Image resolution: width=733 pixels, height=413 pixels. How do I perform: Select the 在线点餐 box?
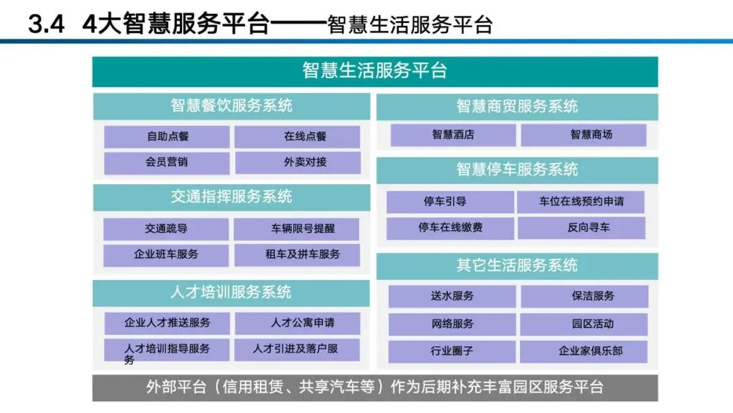pyautogui.click(x=297, y=137)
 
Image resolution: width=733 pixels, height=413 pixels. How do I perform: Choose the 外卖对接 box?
pyautogui.click(x=297, y=163)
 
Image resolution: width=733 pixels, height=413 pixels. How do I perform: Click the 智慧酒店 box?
pyautogui.click(x=453, y=134)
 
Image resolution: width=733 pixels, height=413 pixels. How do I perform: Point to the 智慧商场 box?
pyautogui.click(x=584, y=134)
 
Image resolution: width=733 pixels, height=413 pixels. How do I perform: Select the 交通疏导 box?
pyautogui.click(x=166, y=229)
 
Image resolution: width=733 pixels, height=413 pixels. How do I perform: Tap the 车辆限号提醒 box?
pyautogui.click(x=297, y=229)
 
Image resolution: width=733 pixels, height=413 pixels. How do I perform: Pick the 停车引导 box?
pyautogui.click(x=450, y=202)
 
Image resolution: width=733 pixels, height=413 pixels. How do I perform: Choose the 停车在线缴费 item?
pyautogui.click(x=450, y=228)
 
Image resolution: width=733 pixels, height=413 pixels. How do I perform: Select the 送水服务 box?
pyautogui.click(x=452, y=296)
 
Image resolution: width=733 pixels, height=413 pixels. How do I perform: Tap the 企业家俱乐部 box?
pyautogui.click(x=584, y=351)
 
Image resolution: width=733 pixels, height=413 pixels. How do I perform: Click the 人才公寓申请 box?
pyautogui.click(x=297, y=323)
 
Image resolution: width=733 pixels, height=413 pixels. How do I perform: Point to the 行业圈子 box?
pyautogui.click(x=452, y=351)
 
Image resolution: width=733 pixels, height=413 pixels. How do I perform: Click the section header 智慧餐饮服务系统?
pyautogui.click(x=231, y=106)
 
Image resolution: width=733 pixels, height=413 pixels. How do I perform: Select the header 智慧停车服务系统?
pyautogui.click(x=517, y=170)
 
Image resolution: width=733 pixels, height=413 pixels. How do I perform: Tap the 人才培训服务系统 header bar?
pyautogui.click(x=231, y=293)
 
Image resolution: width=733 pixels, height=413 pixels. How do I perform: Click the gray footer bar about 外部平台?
pyautogui.click(x=375, y=387)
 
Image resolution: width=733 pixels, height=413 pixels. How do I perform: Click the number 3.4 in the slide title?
pyautogui.click(x=46, y=25)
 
